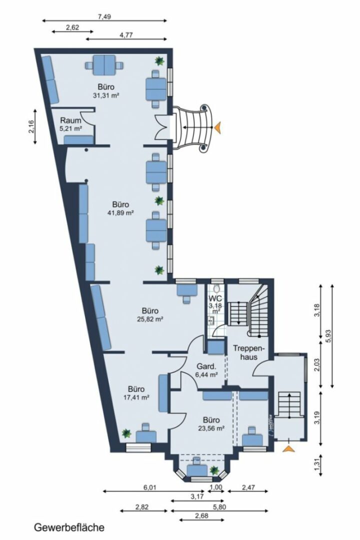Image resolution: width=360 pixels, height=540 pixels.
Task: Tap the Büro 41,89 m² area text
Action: [120, 208]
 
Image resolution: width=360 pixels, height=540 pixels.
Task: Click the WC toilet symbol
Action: [216, 289]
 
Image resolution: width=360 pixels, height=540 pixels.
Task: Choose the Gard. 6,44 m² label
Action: [205, 369]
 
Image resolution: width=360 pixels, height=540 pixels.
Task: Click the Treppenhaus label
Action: [244, 352]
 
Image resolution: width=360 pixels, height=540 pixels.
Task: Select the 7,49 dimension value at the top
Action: [104, 16]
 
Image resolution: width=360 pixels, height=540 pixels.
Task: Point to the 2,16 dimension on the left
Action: [31, 127]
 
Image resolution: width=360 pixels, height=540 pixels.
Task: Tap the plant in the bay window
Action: [214, 470]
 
